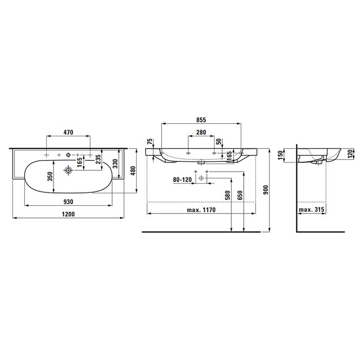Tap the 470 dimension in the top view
[68, 132]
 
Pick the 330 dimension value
[116, 164]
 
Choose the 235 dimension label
[98, 160]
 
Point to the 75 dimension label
[149, 142]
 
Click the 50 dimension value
[218, 141]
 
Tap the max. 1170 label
[201, 210]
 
